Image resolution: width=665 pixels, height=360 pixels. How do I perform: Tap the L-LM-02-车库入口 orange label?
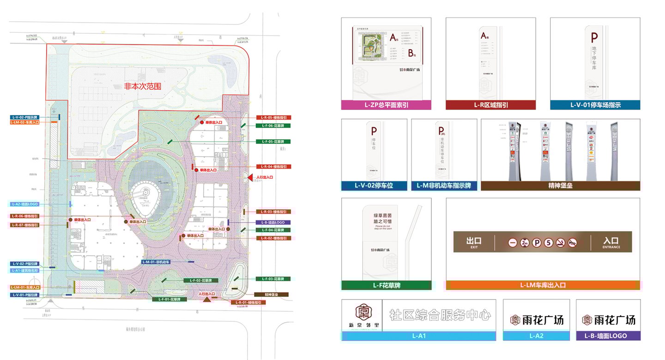click(25, 122)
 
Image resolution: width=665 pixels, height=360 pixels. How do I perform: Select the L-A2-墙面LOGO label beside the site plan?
click(25, 204)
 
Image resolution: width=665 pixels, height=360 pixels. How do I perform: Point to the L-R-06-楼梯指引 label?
click(25, 216)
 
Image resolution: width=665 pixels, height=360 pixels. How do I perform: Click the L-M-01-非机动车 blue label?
click(157, 262)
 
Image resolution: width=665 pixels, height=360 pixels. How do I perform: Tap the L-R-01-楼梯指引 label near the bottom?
click(248, 303)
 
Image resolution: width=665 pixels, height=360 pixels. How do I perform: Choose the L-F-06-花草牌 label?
click(273, 126)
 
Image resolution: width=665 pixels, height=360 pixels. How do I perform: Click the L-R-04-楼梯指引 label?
click(273, 166)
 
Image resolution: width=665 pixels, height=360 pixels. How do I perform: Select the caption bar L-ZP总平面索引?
click(386, 105)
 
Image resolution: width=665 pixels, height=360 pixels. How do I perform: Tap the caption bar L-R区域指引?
click(490, 105)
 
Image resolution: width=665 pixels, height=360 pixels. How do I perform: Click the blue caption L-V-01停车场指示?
click(595, 105)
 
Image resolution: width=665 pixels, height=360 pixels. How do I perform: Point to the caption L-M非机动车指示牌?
click(444, 186)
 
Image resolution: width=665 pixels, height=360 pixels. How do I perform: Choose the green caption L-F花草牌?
click(386, 286)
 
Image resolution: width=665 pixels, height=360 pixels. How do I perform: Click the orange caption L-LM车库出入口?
click(543, 285)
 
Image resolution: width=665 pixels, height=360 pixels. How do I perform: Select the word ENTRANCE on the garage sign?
click(611, 247)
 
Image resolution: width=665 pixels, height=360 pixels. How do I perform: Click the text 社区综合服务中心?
click(440, 316)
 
